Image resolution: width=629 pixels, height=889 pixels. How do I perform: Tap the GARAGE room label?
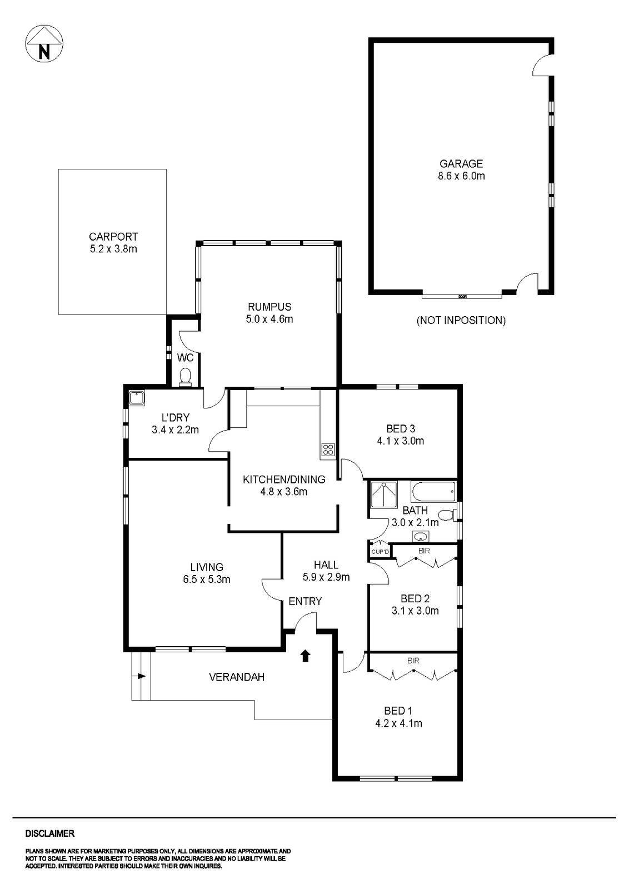click(x=461, y=164)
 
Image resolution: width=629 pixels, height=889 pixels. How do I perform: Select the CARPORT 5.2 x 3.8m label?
click(x=113, y=243)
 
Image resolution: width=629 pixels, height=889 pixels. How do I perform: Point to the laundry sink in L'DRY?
click(x=136, y=398)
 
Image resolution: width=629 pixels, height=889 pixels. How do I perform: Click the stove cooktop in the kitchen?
click(x=328, y=450)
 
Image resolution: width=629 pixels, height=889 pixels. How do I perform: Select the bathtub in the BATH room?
click(x=433, y=491)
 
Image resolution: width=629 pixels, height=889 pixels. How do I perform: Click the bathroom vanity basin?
click(x=421, y=537)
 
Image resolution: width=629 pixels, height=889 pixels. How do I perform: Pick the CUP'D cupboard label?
click(x=380, y=552)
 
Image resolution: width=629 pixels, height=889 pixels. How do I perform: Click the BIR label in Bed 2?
click(x=423, y=551)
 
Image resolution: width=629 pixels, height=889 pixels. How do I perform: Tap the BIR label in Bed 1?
click(x=413, y=661)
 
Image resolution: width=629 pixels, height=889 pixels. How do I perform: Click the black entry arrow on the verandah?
click(x=305, y=656)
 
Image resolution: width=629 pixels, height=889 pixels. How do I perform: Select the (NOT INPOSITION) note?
click(x=461, y=321)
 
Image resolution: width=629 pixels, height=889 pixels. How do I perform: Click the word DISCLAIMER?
click(x=50, y=833)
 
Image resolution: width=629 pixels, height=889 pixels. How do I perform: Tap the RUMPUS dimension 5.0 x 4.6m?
click(x=269, y=319)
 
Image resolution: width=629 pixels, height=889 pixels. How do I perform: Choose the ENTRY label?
click(x=305, y=601)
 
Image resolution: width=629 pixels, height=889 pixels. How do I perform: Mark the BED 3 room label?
click(x=401, y=428)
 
